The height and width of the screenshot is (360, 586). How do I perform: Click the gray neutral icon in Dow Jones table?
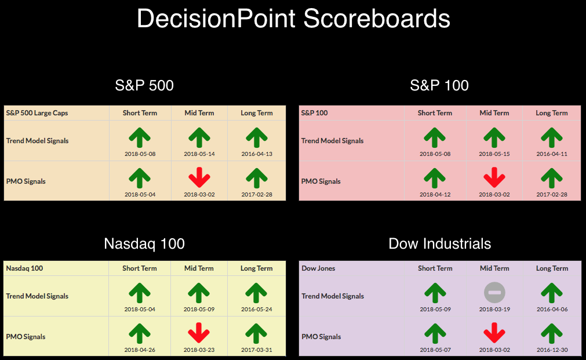(494, 292)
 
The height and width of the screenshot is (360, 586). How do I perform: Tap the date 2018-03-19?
(494, 309)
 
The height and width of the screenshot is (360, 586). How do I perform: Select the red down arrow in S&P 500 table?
(199, 177)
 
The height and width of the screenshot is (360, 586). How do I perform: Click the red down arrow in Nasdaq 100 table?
(199, 333)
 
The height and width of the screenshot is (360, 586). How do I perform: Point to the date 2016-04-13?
(257, 154)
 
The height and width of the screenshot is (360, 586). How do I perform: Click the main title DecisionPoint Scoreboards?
(293, 19)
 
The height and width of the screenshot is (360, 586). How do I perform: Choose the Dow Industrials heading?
(439, 243)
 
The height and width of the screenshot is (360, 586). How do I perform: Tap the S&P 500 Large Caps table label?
(37, 113)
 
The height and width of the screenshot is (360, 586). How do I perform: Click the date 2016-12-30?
(552, 350)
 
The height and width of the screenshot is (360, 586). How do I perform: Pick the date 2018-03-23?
(199, 350)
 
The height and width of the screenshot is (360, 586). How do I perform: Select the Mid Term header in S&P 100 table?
(494, 113)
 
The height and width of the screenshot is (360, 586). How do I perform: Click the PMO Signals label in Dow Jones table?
(321, 336)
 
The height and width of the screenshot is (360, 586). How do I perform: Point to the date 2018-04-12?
(435, 194)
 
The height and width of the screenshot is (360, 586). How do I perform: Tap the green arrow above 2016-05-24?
(256, 293)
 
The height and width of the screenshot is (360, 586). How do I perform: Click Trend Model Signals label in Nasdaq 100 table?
(37, 296)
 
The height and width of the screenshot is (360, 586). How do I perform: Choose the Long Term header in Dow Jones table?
(552, 268)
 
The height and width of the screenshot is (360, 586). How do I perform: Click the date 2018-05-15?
(494, 154)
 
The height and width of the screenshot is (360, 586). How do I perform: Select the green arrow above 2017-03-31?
(256, 333)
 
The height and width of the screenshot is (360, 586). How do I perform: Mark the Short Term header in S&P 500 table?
(140, 113)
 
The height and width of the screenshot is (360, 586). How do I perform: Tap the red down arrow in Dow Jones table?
(494, 333)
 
